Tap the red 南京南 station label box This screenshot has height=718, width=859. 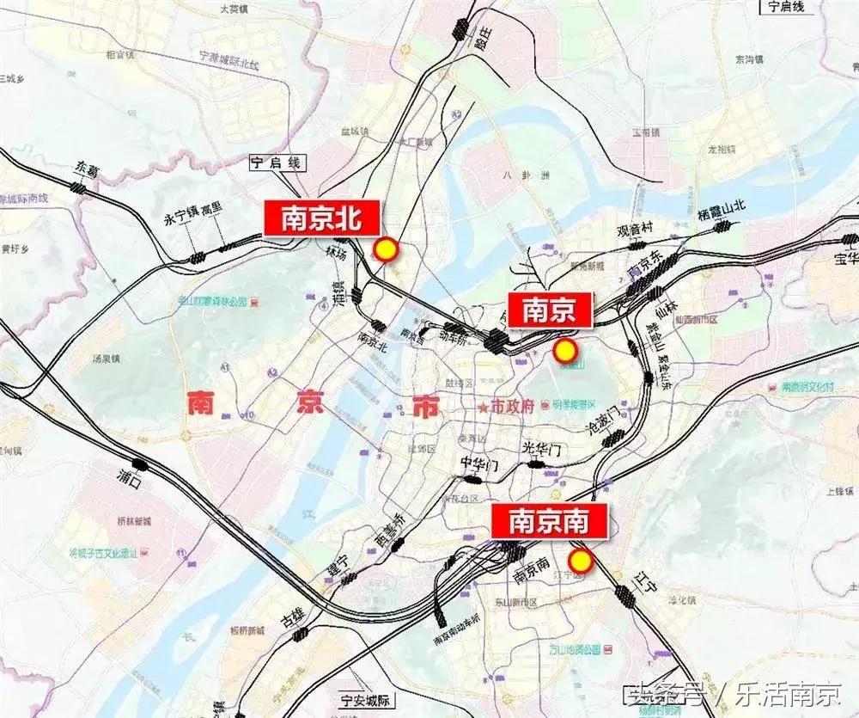coord(550,521)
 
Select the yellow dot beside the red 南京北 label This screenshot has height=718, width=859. coord(387,249)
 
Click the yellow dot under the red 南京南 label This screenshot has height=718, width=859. coord(582,562)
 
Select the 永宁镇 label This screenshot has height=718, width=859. coord(180,218)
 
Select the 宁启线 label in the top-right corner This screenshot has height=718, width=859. coord(785,7)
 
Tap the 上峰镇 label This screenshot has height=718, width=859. coord(838,491)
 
